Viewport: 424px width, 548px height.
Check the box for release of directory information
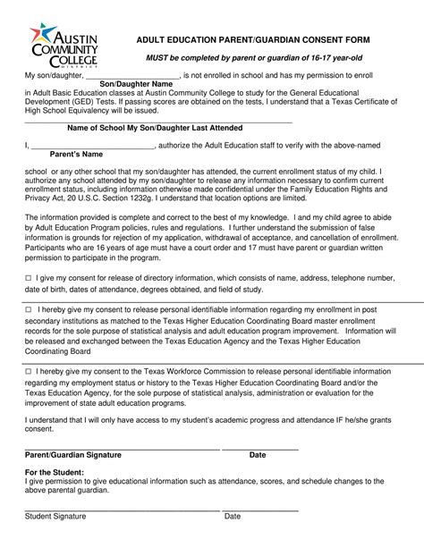pyautogui.click(x=28, y=279)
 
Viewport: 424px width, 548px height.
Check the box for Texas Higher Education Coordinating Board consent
pyautogui.click(x=28, y=308)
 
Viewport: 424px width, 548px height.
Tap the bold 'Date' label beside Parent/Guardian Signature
pyautogui.click(x=258, y=455)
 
